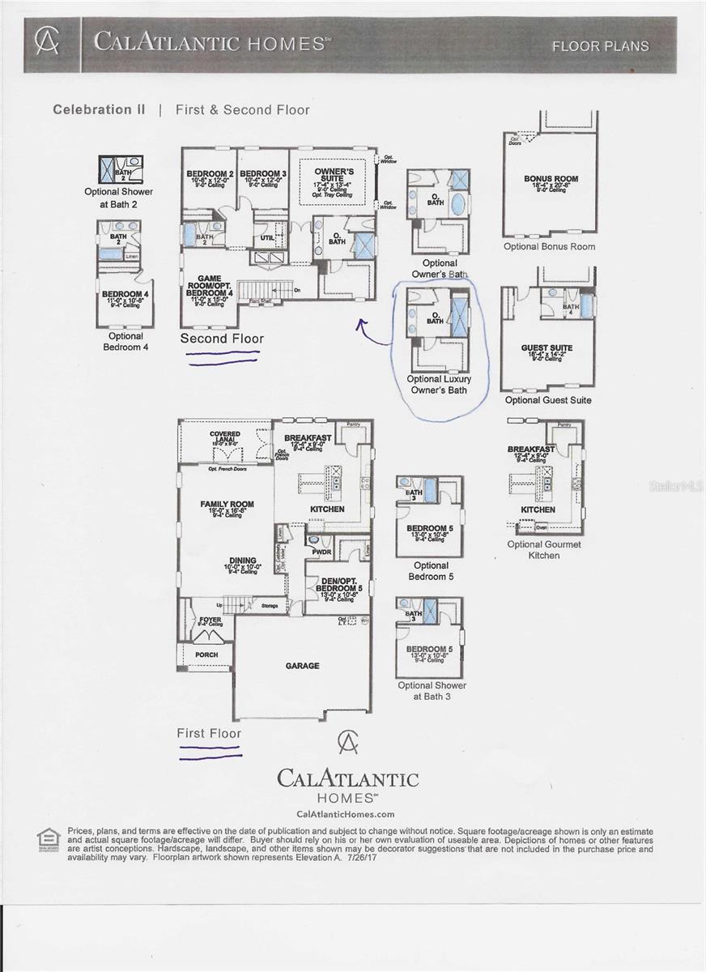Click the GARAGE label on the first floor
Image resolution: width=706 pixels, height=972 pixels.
pos(302,666)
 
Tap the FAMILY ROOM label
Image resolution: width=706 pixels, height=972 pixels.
pos(227,504)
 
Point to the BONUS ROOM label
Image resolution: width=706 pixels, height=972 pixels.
pos(551,179)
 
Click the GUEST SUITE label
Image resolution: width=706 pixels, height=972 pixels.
pos(547,348)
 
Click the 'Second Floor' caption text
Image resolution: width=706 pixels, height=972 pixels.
pos(221,339)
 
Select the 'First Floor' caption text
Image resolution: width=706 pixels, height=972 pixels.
pos(209,733)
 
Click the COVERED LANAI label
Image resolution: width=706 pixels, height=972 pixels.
pos(225,437)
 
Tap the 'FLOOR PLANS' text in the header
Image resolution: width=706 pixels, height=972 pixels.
pos(600,46)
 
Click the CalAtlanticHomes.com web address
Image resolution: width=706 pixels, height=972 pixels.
pos(346,814)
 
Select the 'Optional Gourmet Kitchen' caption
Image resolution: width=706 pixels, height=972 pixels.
pos(544,550)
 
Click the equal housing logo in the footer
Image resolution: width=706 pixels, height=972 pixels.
pos(49,839)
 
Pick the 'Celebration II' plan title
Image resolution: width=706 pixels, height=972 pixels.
pos(99,109)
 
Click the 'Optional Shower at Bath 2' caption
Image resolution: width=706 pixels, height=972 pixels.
pos(119,198)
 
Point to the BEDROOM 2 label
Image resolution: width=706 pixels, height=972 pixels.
pos(210,174)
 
